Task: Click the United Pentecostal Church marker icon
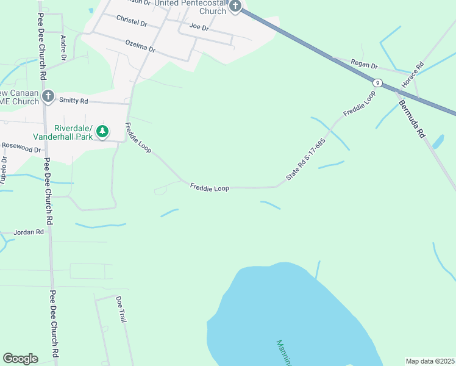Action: click(x=236, y=7)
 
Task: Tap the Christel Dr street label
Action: click(x=132, y=21)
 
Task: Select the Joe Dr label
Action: click(x=199, y=27)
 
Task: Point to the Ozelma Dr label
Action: click(x=140, y=46)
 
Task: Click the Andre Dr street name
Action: click(x=63, y=48)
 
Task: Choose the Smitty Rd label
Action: click(x=73, y=100)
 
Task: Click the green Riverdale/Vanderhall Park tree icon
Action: click(x=103, y=131)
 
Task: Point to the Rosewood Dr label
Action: click(x=21, y=148)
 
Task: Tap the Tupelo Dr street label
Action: click(x=4, y=170)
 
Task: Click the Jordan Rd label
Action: click(x=32, y=232)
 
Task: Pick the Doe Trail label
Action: click(x=121, y=309)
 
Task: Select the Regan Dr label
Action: click(x=365, y=65)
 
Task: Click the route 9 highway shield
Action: click(x=379, y=82)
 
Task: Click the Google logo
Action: click(x=20, y=359)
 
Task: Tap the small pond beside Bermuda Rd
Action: click(x=438, y=142)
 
